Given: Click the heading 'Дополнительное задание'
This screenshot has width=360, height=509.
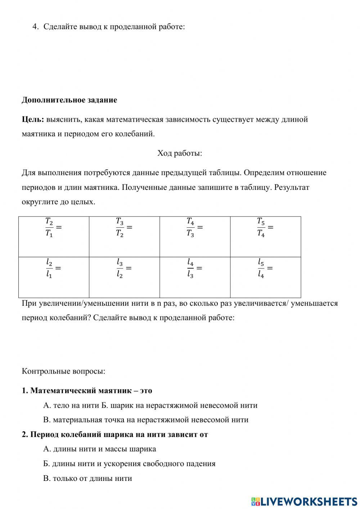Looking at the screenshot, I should (x=69, y=100).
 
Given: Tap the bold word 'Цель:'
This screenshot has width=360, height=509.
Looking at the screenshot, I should (x=33, y=119).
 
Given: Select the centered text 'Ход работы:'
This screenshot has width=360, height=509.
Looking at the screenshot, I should (x=180, y=153).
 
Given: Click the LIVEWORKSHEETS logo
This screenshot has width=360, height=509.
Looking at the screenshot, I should (x=304, y=501).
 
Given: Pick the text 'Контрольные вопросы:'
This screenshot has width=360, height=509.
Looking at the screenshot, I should (x=63, y=371).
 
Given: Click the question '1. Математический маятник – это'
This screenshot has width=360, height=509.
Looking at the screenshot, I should (x=87, y=390).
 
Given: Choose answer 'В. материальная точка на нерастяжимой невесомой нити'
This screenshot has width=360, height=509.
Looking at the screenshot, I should (x=145, y=420).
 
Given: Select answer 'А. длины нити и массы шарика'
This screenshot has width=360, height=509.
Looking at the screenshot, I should (x=99, y=449).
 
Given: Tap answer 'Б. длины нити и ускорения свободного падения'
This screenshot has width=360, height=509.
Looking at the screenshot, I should (x=129, y=464).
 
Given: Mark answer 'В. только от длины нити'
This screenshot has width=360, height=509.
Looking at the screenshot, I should (x=87, y=478).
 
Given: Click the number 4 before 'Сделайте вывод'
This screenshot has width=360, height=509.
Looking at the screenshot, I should (x=35, y=27).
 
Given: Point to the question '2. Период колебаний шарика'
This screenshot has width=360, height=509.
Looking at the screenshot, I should (x=115, y=434).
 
